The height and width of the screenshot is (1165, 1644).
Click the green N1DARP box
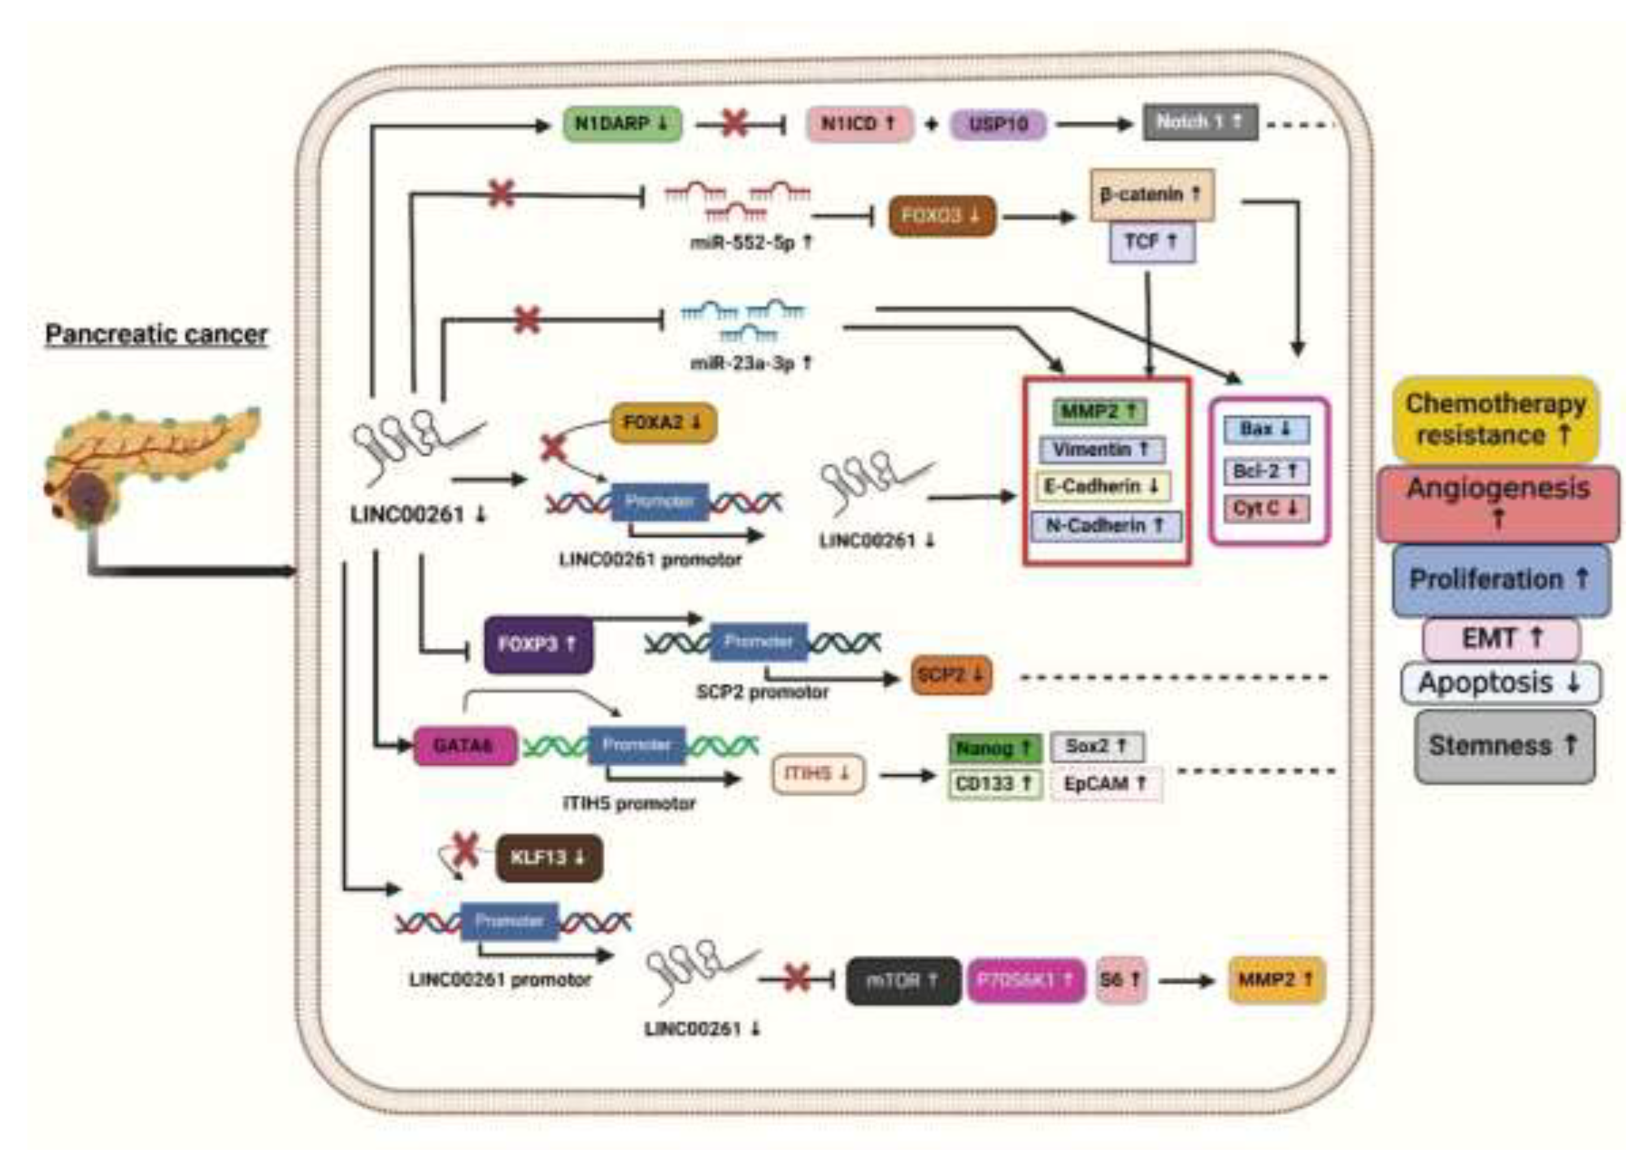622,124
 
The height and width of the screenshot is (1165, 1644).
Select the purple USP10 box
998,124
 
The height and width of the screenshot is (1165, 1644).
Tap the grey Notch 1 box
1199,123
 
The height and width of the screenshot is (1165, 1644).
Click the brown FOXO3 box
942,215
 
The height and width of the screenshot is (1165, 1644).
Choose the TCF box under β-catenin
1151,242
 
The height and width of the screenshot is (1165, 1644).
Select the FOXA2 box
663,422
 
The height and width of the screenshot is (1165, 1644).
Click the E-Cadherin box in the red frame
1102,486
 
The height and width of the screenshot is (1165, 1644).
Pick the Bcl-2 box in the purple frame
1266,471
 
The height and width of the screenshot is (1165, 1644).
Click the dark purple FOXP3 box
538,644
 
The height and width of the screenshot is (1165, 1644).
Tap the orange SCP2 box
951,675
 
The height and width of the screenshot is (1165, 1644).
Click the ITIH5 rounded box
818,773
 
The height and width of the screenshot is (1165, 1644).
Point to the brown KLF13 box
548,857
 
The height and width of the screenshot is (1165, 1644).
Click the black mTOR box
902,981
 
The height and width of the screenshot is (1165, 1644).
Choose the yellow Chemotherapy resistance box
1495,419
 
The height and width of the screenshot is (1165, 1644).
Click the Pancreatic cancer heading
156,334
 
